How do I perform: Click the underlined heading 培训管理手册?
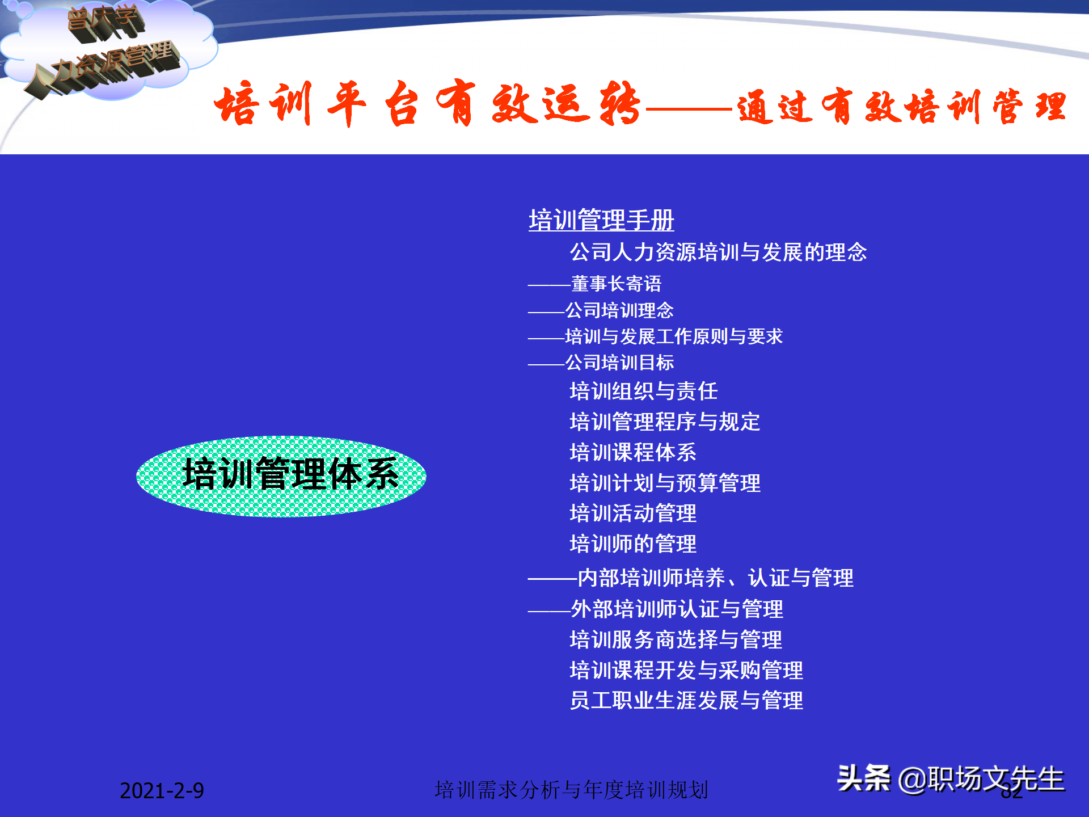[601, 220]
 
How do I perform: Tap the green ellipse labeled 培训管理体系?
[281, 476]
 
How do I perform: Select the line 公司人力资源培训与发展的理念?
[718, 252]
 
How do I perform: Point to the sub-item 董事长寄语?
[616, 283]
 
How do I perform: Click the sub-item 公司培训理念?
[619, 310]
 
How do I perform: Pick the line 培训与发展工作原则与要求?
[674, 336]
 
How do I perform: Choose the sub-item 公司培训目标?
[619, 363]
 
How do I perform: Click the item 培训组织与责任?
[643, 391]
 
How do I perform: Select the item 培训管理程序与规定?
[664, 422]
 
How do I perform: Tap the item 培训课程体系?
[632, 452]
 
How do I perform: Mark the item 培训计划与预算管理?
[665, 483]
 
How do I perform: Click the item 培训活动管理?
[632, 513]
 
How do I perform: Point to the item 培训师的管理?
[632, 544]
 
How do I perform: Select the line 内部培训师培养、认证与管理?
[715, 578]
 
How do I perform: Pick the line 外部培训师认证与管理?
[677, 609]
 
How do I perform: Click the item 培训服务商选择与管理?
[676, 639]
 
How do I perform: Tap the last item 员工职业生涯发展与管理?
[686, 701]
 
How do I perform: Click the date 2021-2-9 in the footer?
[162, 790]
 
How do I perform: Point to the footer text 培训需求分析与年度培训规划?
[571, 790]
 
